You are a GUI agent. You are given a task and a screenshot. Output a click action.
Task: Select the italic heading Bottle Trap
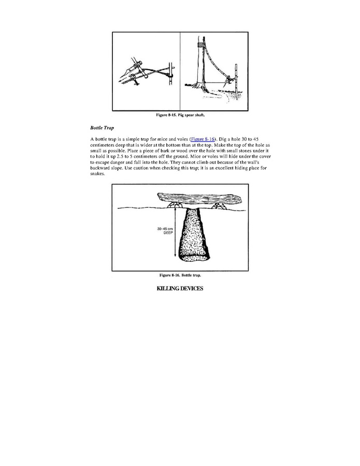(102, 128)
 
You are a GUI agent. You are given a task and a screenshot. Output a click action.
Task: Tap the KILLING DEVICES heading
(180, 288)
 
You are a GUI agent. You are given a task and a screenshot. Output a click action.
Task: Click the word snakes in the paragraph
(98, 174)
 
